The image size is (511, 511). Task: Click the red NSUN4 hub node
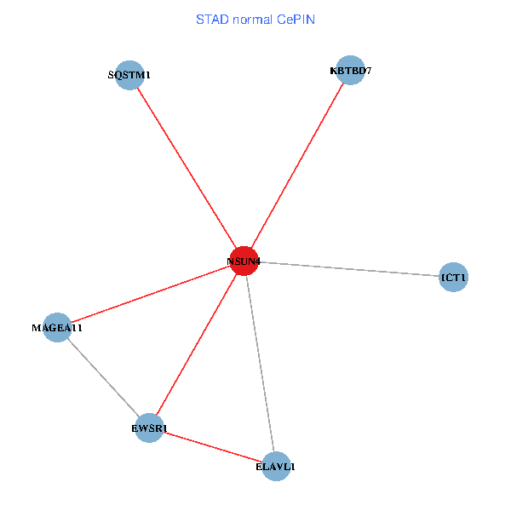click(x=244, y=261)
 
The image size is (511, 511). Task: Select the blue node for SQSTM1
click(x=129, y=75)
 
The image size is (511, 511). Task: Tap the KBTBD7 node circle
click(x=350, y=70)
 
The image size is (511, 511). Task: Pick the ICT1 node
click(x=453, y=277)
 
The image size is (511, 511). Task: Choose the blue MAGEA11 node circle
click(x=57, y=327)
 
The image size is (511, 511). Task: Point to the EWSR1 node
click(x=149, y=428)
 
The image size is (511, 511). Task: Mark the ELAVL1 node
click(x=275, y=466)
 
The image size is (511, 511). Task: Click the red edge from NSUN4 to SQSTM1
click(x=186, y=168)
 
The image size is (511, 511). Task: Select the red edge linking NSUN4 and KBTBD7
click(x=296, y=165)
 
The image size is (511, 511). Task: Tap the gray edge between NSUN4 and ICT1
click(x=348, y=269)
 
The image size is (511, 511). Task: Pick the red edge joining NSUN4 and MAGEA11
click(x=150, y=294)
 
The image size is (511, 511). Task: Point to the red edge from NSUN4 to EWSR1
click(x=196, y=344)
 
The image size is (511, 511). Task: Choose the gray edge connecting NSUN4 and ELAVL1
click(x=259, y=363)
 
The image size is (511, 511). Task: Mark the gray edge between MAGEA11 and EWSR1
click(x=103, y=377)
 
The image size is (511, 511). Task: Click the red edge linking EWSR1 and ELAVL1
click(x=212, y=447)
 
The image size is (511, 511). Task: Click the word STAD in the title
click(x=211, y=19)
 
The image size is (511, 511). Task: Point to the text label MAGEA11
click(x=57, y=327)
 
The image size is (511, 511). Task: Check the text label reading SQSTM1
click(x=129, y=75)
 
